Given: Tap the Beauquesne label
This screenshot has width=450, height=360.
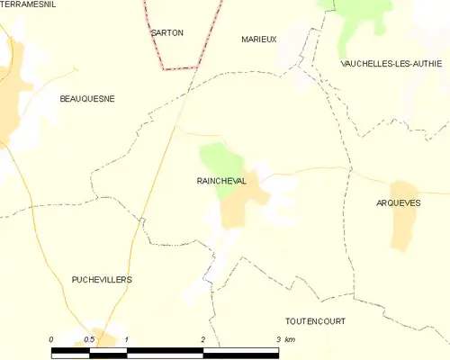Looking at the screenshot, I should coord(86,98).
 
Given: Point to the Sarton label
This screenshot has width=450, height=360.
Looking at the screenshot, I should coord(167,32).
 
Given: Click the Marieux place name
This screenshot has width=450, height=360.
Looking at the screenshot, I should coord(259,40).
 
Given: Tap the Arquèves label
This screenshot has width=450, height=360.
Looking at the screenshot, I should coord(398,203).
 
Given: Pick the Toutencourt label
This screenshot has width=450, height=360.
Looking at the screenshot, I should coord(315,320).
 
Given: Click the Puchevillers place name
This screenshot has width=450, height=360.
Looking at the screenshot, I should coord(102,280).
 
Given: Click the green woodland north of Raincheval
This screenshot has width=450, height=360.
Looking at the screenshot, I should coord(217,157).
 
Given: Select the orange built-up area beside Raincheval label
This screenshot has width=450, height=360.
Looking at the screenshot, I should coord(243,202).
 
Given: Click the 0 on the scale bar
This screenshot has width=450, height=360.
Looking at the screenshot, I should coord(51,338).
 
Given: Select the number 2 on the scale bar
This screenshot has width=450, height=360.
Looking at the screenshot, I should coord(203,338).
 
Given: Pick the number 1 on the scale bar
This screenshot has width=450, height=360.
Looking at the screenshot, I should coord(127,338).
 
